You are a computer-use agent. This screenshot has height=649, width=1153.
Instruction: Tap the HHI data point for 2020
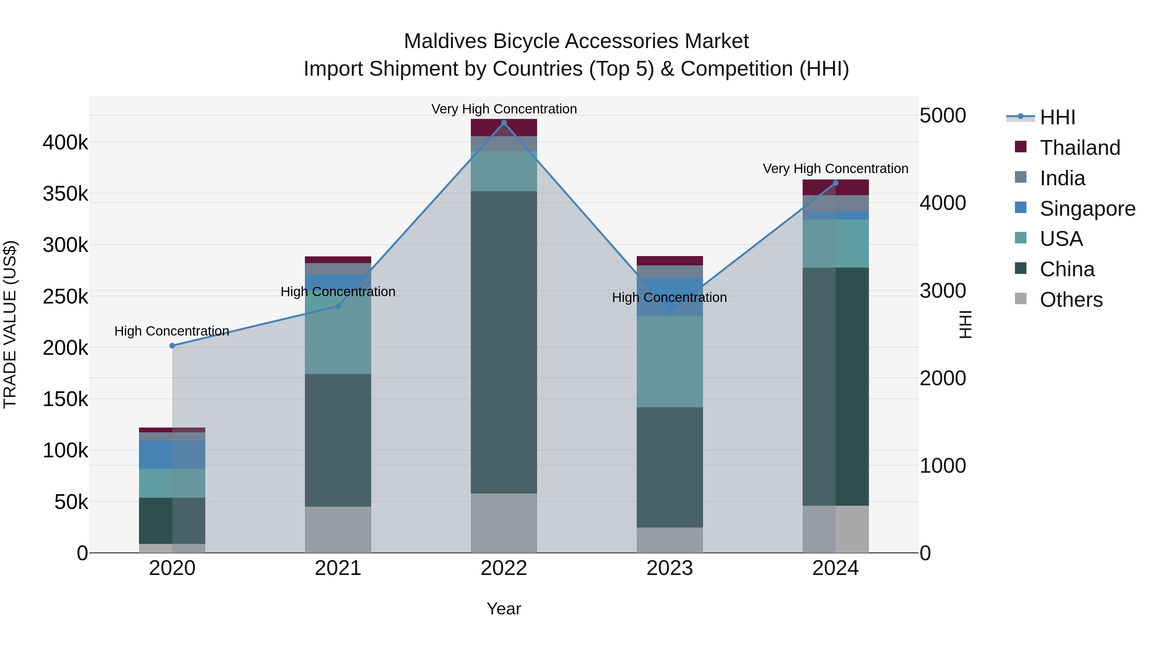(x=172, y=346)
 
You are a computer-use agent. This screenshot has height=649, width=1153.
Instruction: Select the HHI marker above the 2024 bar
(x=835, y=183)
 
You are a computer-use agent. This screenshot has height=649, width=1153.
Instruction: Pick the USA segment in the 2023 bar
(x=670, y=362)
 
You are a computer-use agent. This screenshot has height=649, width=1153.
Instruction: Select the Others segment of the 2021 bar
(x=338, y=529)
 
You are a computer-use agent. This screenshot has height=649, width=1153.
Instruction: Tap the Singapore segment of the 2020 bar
(x=172, y=454)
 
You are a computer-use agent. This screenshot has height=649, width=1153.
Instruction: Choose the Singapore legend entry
(x=1087, y=209)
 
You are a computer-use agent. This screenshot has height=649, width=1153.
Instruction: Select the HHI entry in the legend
(x=1057, y=117)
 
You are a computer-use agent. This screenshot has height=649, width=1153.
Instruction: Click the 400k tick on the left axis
(x=65, y=143)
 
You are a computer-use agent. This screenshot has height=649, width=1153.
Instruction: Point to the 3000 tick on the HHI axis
(x=943, y=291)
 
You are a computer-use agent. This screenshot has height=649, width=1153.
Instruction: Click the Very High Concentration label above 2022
(x=504, y=109)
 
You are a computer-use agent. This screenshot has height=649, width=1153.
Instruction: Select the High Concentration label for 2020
(x=172, y=331)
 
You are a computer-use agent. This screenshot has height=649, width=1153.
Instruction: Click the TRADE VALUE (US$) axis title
(x=10, y=325)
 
